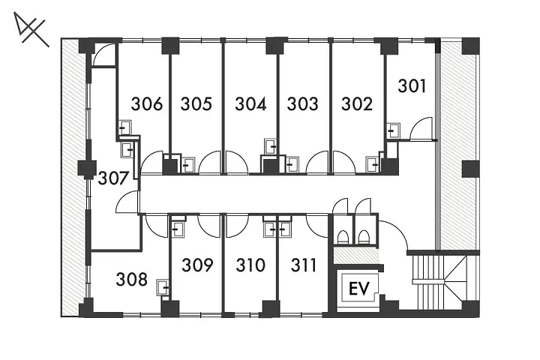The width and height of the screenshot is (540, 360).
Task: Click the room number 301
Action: coord(412,85)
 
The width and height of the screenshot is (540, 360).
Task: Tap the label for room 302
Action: coord(357,104)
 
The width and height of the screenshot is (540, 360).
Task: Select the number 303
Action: coord(302,104)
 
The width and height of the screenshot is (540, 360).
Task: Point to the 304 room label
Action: coord(250,104)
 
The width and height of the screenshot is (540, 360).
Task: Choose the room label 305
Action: coord(196,104)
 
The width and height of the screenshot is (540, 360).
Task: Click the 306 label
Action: coord(147,104)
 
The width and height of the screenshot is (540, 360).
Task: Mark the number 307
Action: coord(113,178)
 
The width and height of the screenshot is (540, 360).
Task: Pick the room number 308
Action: coord(131,279)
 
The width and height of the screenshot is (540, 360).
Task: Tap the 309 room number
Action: coord(197,265)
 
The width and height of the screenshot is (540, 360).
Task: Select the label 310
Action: coord(250,265)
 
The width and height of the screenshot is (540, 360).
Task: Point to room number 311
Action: coord(303,265)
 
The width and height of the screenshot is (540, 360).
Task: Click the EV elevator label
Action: coord(358,288)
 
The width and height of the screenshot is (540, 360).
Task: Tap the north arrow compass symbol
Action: coord(31,30)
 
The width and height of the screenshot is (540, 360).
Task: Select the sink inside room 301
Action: coord(393,130)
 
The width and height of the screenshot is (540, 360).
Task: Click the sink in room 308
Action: coord(163,287)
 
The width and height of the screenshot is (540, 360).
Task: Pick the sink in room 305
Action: coord(187,166)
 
